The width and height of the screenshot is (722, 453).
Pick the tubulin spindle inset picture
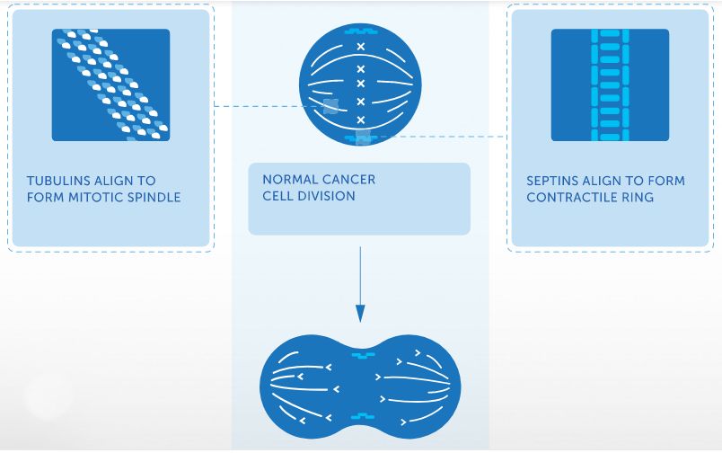(x=110, y=84)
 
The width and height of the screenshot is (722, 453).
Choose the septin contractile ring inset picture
(x=610, y=84)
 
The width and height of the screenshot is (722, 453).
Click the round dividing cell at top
(x=360, y=84)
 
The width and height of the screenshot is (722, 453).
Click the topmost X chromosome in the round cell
(x=361, y=47)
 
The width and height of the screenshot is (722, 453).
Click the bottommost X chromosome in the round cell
(x=361, y=120)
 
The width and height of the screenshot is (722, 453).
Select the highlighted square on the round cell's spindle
(x=330, y=107)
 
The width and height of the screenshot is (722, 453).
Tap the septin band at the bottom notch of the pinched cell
(x=362, y=416)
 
